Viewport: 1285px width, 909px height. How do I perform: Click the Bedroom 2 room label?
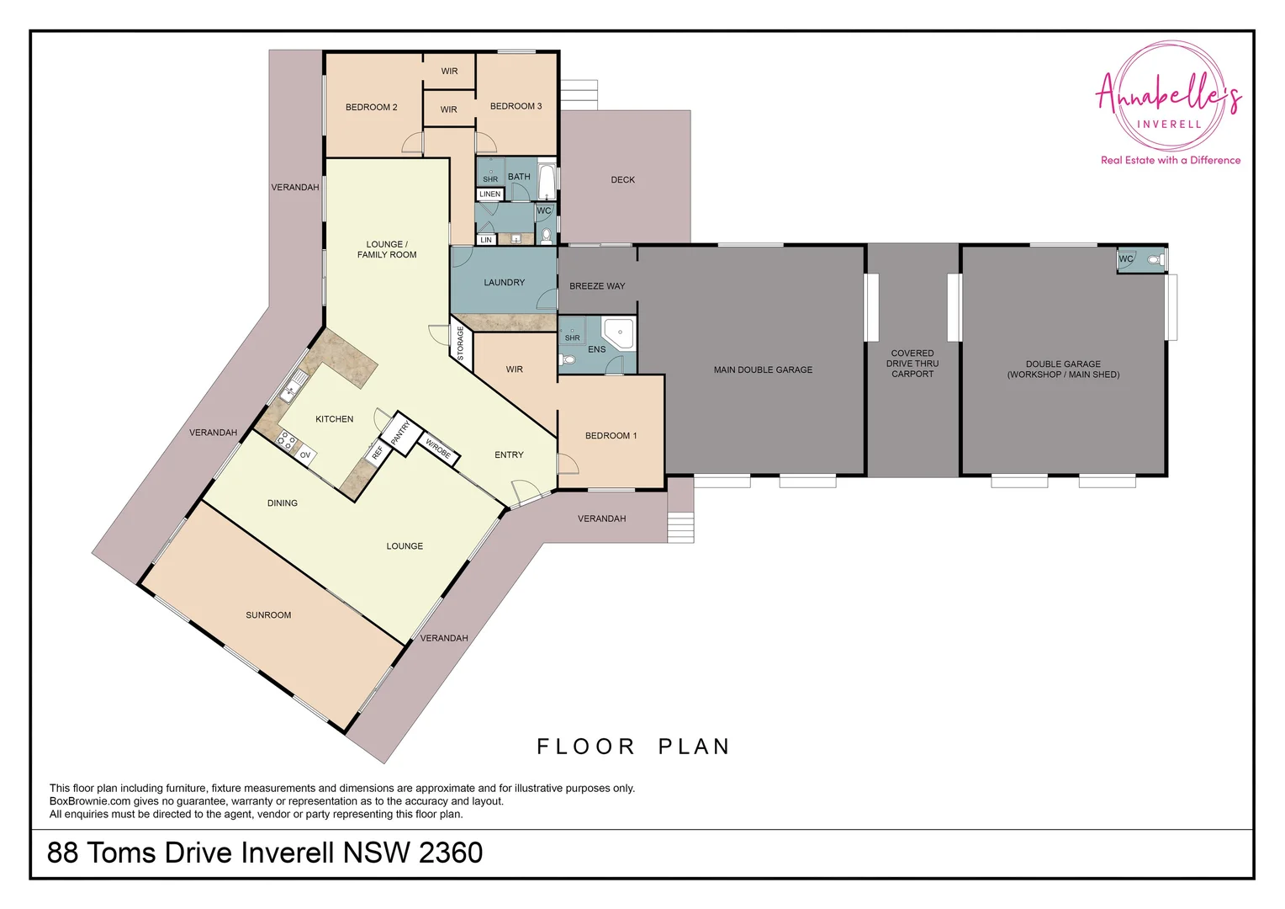coord(371,107)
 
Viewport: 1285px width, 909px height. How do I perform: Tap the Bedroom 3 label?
coord(516,106)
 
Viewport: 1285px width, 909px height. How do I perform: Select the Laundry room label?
coord(504,283)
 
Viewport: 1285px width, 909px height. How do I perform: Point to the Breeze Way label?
coord(597,286)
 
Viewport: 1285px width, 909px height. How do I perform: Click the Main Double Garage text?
coord(763,369)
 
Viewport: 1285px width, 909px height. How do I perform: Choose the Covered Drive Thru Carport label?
coord(912,364)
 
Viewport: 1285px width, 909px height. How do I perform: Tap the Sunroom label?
coord(268,615)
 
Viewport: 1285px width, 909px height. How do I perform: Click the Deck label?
coord(622,180)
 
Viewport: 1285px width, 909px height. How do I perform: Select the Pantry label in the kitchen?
coord(400,433)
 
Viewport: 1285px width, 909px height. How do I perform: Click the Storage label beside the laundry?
coord(460,343)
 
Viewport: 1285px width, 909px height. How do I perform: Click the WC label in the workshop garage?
coord(1125,259)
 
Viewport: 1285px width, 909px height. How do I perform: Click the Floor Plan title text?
coord(633,747)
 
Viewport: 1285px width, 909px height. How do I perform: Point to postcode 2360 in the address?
coord(450,853)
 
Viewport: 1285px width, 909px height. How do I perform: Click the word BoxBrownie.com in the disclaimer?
coord(90,801)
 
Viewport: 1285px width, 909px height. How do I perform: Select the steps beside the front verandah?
coord(680,527)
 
